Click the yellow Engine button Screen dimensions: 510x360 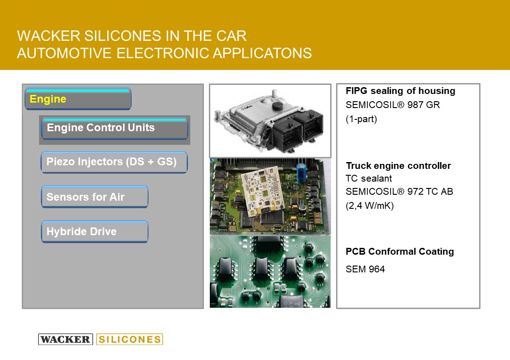click(78, 99)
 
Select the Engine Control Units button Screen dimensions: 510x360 click(114, 128)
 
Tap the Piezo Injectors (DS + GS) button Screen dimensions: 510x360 click(114, 162)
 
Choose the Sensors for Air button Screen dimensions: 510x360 click(94, 197)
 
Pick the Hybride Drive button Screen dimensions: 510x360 click(94, 232)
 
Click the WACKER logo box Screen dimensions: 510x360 click(65, 339)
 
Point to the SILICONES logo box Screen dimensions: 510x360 click(129, 339)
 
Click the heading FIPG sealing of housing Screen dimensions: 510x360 click(401, 91)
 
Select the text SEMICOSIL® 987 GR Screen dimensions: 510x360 click(392, 105)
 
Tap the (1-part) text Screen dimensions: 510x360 click(361, 119)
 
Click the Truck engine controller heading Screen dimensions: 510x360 click(398, 166)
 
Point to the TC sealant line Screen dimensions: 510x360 click(369, 178)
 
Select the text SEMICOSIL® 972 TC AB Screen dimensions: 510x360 click(399, 192)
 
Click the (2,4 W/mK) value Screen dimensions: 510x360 click(370, 206)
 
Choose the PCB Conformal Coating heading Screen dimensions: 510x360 click(400, 252)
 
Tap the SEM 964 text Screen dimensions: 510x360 click(365, 269)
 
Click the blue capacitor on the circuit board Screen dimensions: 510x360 click(302, 172)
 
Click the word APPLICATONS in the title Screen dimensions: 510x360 click(262, 53)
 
